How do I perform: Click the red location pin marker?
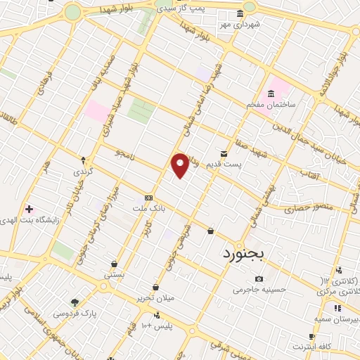(x=181, y=165)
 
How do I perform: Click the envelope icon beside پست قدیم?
(x=224, y=153)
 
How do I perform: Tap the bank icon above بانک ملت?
(x=148, y=198)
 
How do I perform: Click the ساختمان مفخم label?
(x=268, y=104)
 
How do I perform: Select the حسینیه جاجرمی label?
(x=260, y=289)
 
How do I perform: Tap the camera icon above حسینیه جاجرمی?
(x=259, y=279)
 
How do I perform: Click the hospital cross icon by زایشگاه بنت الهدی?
(x=28, y=208)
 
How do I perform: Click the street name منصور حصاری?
(x=303, y=209)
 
